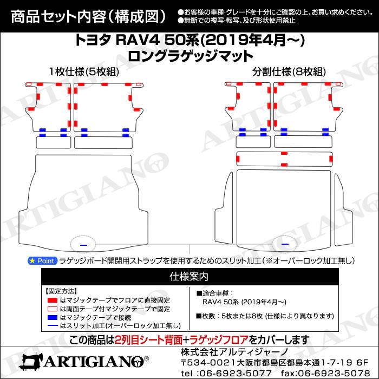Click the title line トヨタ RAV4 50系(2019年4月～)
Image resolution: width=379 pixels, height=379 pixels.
coord(189,41)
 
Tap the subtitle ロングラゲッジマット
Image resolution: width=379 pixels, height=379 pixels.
coord(189,55)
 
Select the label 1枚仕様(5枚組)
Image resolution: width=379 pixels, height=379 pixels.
coord(84,72)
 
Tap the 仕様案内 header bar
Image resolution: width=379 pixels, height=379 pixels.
coord(189,276)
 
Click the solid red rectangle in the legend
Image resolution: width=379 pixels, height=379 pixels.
coord(53,299)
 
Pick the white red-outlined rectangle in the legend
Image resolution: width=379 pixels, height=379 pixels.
coord(53,308)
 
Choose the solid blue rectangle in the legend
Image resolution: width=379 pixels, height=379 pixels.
coord(53,317)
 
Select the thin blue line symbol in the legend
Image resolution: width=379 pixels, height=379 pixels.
coord(53,326)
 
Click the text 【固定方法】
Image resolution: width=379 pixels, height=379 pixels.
coord(62,291)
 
